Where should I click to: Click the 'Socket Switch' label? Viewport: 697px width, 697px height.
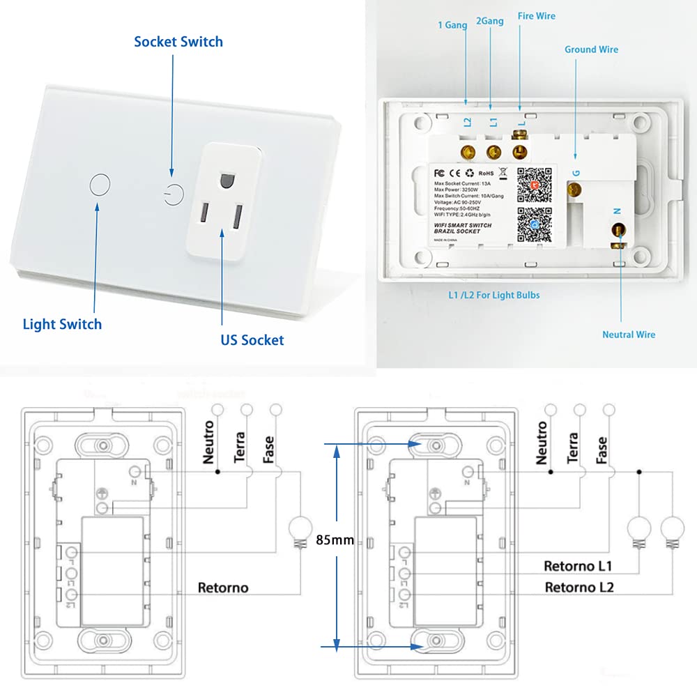[178, 42]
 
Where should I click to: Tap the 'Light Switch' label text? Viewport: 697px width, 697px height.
[62, 324]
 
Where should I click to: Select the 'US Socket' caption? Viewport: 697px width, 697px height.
[252, 340]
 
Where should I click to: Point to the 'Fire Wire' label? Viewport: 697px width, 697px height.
[536, 16]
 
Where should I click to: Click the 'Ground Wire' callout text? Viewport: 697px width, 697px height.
[591, 49]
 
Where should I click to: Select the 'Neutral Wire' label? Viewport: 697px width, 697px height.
[629, 335]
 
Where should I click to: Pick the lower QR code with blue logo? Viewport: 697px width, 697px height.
[535, 226]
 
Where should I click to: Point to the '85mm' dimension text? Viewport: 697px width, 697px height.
[335, 539]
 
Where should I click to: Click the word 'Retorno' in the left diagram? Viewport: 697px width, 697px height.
[223, 588]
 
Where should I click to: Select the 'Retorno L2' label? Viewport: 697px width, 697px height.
[579, 587]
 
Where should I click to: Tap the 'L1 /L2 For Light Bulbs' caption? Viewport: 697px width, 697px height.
[494, 295]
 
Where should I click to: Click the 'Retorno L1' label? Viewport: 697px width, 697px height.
[577, 565]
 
